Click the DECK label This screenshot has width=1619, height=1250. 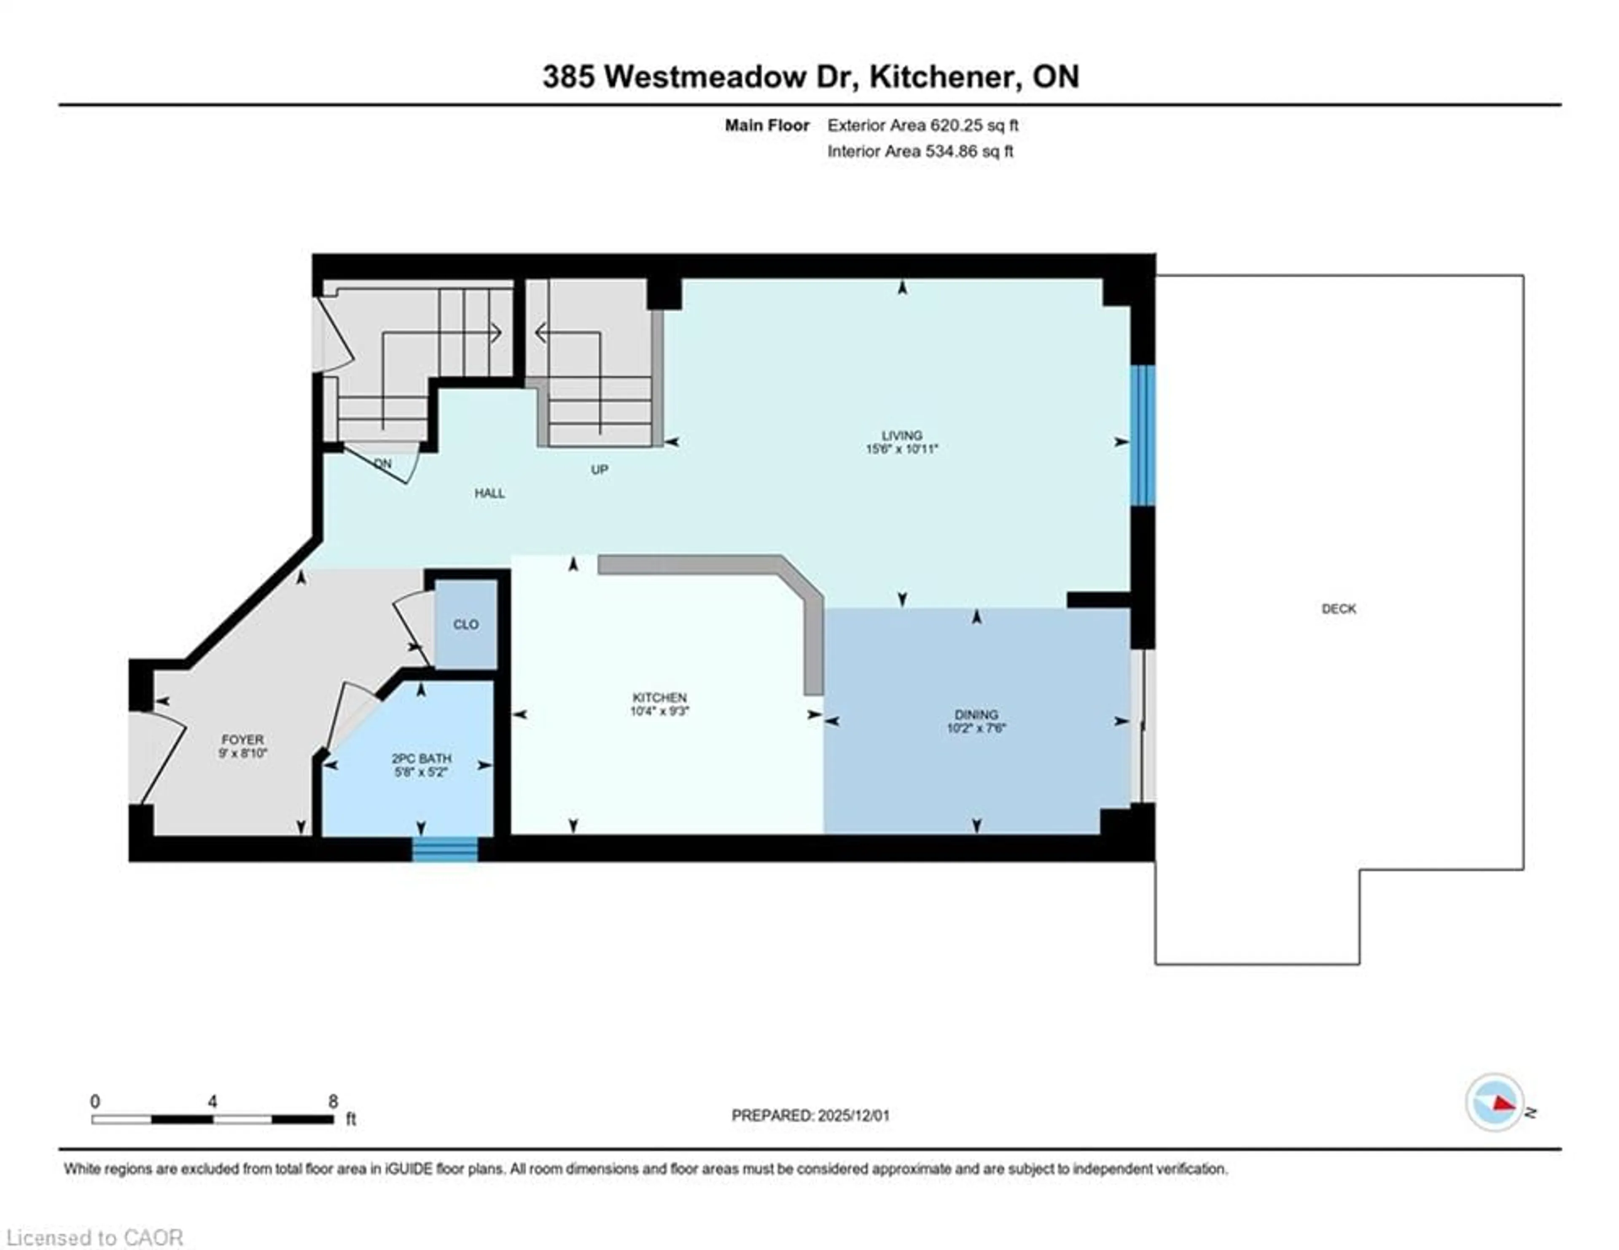[1338, 609]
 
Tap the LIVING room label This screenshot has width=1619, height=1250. [901, 435]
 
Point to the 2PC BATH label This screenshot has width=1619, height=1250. [421, 758]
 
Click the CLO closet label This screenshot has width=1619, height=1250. [465, 624]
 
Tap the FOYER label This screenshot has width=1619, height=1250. [242, 739]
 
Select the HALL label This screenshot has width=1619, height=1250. [489, 493]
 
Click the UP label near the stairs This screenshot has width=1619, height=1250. [599, 469]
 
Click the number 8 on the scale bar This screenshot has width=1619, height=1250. [333, 1102]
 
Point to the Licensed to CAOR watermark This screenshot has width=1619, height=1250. [94, 1237]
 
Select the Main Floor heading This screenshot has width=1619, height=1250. [766, 125]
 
